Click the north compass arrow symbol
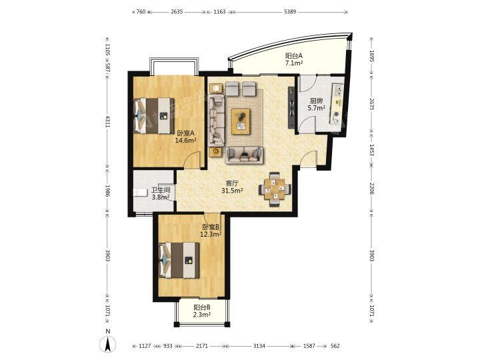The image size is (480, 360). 108,345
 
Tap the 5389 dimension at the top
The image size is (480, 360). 290,12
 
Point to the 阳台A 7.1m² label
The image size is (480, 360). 294,59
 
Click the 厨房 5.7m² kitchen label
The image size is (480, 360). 316,105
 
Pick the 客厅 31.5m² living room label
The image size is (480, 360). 232,187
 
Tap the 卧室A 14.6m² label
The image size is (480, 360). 185,137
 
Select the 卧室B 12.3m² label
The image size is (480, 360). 211,231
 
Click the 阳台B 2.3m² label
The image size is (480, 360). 201,311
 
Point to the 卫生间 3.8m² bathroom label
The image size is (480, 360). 161,193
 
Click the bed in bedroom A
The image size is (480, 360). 154,115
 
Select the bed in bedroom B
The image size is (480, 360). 179,260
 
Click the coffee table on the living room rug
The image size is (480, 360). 241,121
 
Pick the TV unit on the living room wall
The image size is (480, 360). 291,108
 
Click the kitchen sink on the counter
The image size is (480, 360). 339,91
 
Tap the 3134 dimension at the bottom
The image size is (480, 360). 259,346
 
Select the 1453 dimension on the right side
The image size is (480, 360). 371,150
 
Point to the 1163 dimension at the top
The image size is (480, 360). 219,12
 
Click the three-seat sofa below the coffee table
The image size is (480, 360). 244,155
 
